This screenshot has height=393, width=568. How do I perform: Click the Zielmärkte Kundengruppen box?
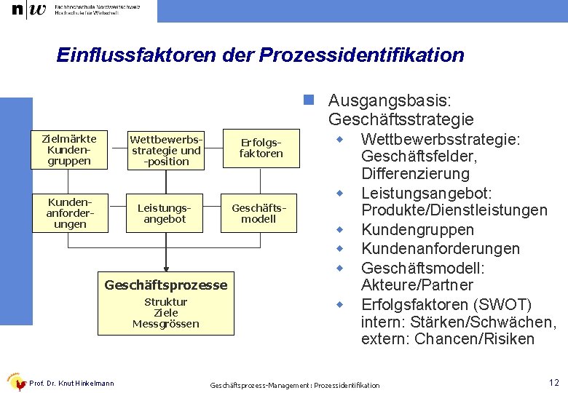pyautogui.click(x=69, y=149)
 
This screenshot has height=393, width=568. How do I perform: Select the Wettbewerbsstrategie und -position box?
pyautogui.click(x=166, y=149)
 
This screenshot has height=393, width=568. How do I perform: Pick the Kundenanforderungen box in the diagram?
pyautogui.click(x=69, y=212)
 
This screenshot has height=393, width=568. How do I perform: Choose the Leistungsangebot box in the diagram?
pyautogui.click(x=165, y=213)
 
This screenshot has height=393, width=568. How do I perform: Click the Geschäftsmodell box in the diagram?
pyautogui.click(x=259, y=213)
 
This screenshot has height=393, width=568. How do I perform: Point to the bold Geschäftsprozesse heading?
pyautogui.click(x=166, y=285)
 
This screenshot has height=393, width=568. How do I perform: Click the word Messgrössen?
pyautogui.click(x=166, y=324)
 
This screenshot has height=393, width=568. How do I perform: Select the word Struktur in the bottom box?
pyautogui.click(x=166, y=302)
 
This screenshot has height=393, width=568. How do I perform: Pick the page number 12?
pyautogui.click(x=553, y=382)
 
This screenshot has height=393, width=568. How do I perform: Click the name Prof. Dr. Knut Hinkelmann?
pyautogui.click(x=72, y=384)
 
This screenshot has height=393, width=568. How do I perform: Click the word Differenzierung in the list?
pyautogui.click(x=415, y=174)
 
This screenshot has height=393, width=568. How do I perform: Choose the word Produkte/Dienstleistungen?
pyautogui.click(x=454, y=210)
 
